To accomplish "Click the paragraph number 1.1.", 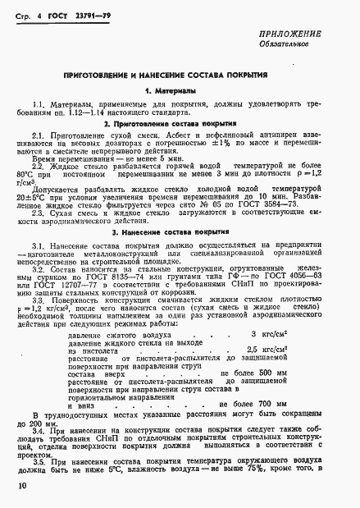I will coord(39,104).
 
